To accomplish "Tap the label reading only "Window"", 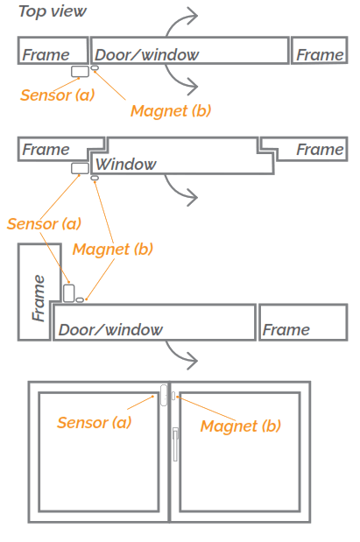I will tap(126, 164).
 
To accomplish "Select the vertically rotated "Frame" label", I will tap(37, 297).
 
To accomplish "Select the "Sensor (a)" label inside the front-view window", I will tap(94, 422).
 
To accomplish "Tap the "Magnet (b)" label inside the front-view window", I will tap(241, 426).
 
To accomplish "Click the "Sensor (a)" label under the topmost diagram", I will tap(57, 95).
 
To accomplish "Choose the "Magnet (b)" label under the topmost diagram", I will tap(171, 110).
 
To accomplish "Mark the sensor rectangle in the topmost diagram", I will tap(80, 71).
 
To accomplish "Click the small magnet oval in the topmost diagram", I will tap(95, 69).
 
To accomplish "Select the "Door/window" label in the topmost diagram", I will tap(146, 55).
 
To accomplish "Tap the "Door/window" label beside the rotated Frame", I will tap(110, 329).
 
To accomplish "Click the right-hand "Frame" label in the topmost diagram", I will tap(320, 55).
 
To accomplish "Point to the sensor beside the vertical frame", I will tap(69, 292).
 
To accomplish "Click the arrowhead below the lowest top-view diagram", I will tap(194, 359).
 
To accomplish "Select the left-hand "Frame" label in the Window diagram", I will tap(46, 150).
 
